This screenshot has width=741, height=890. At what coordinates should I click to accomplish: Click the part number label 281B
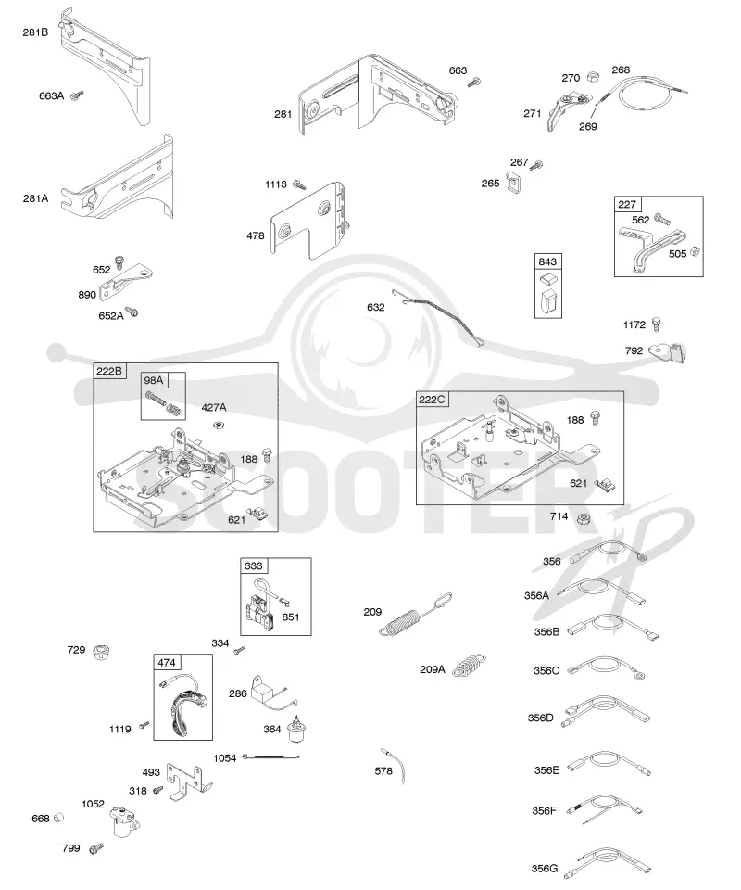point(35,32)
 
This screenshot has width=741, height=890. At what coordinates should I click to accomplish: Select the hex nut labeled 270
point(593,76)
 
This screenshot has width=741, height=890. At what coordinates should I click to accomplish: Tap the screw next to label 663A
point(77,95)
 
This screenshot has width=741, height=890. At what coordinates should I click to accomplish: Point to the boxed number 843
point(547,261)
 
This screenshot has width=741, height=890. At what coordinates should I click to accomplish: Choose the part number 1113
point(275,184)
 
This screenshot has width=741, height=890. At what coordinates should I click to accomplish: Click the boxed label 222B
point(109,371)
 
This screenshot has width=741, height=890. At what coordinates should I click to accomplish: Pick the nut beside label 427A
point(217,424)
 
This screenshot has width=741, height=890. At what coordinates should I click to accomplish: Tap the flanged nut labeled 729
point(102,652)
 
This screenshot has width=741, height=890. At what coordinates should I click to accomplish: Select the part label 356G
point(545,869)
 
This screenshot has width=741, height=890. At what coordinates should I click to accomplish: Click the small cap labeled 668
point(58,818)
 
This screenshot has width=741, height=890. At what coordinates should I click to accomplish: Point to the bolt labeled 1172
point(657,324)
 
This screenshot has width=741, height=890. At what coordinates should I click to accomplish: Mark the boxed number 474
point(167,662)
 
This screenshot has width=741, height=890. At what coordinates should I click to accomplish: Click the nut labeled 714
point(583,517)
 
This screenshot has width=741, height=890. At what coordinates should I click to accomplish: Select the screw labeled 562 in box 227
point(661,218)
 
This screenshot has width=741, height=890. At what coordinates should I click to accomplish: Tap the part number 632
point(376,307)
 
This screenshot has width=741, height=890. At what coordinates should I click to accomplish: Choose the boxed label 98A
point(153,380)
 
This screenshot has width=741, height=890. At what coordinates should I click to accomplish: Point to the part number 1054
point(224,758)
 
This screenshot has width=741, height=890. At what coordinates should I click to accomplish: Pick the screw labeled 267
point(536,165)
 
